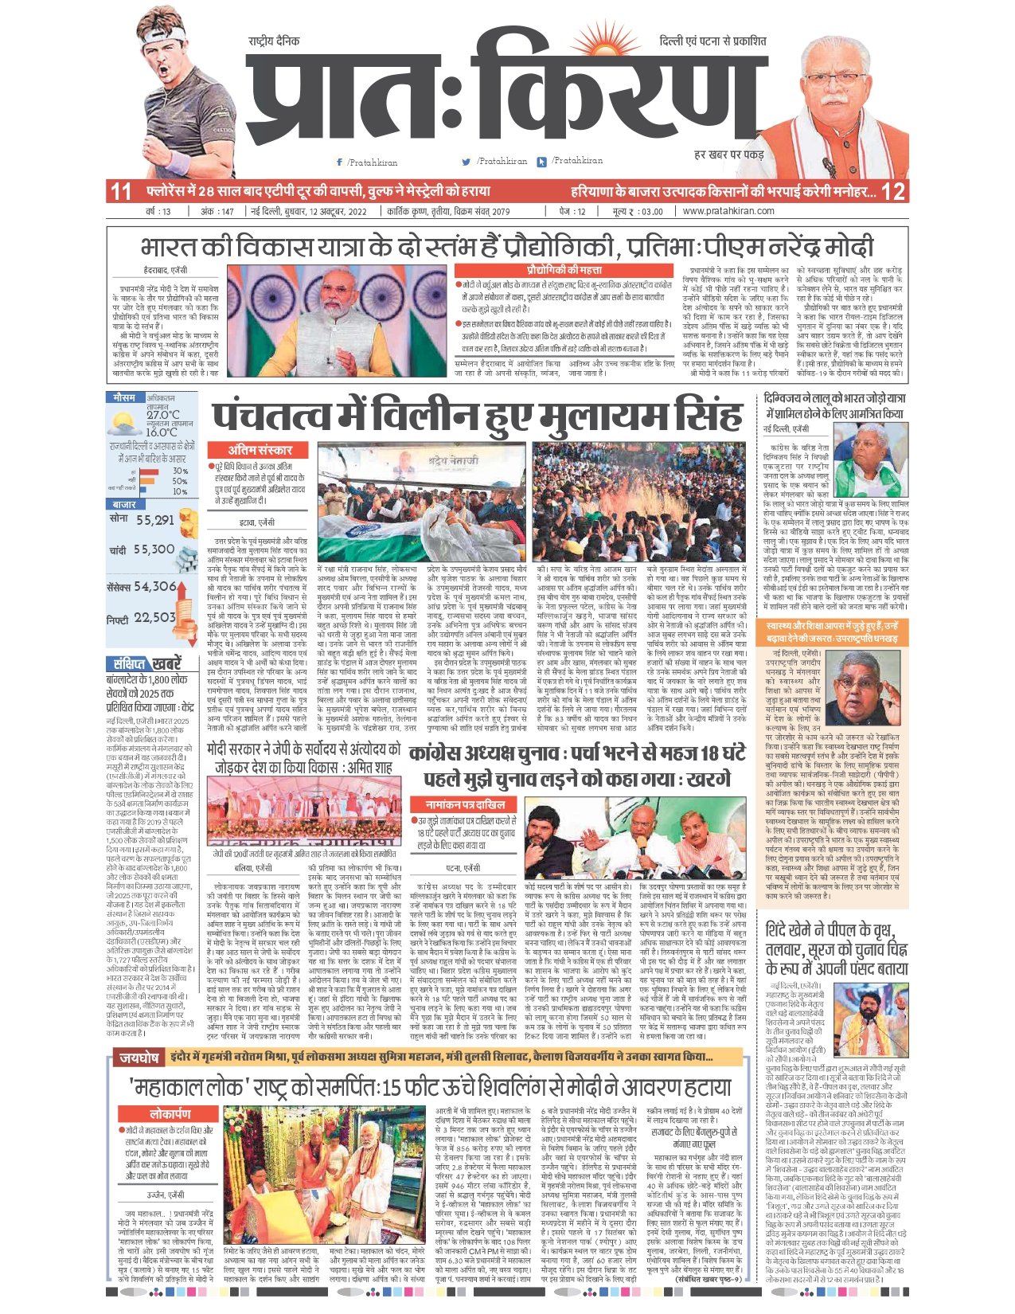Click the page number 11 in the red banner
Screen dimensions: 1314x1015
pos(121,191)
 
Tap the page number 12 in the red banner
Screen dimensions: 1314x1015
pos(894,191)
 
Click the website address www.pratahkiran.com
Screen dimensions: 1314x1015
pos(728,211)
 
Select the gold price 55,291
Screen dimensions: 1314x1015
pos(154,520)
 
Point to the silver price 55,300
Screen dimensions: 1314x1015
pos(154,549)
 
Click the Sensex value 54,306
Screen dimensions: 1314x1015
pos(154,586)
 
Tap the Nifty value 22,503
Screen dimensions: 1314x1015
pos(154,617)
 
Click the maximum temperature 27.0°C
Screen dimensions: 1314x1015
pos(162,415)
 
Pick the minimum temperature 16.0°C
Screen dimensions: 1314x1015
pos(162,432)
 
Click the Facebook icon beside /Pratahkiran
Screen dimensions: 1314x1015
pos(340,162)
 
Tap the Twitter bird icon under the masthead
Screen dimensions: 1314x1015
pos(466,162)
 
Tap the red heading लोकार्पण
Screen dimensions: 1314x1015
pos(170,1113)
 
